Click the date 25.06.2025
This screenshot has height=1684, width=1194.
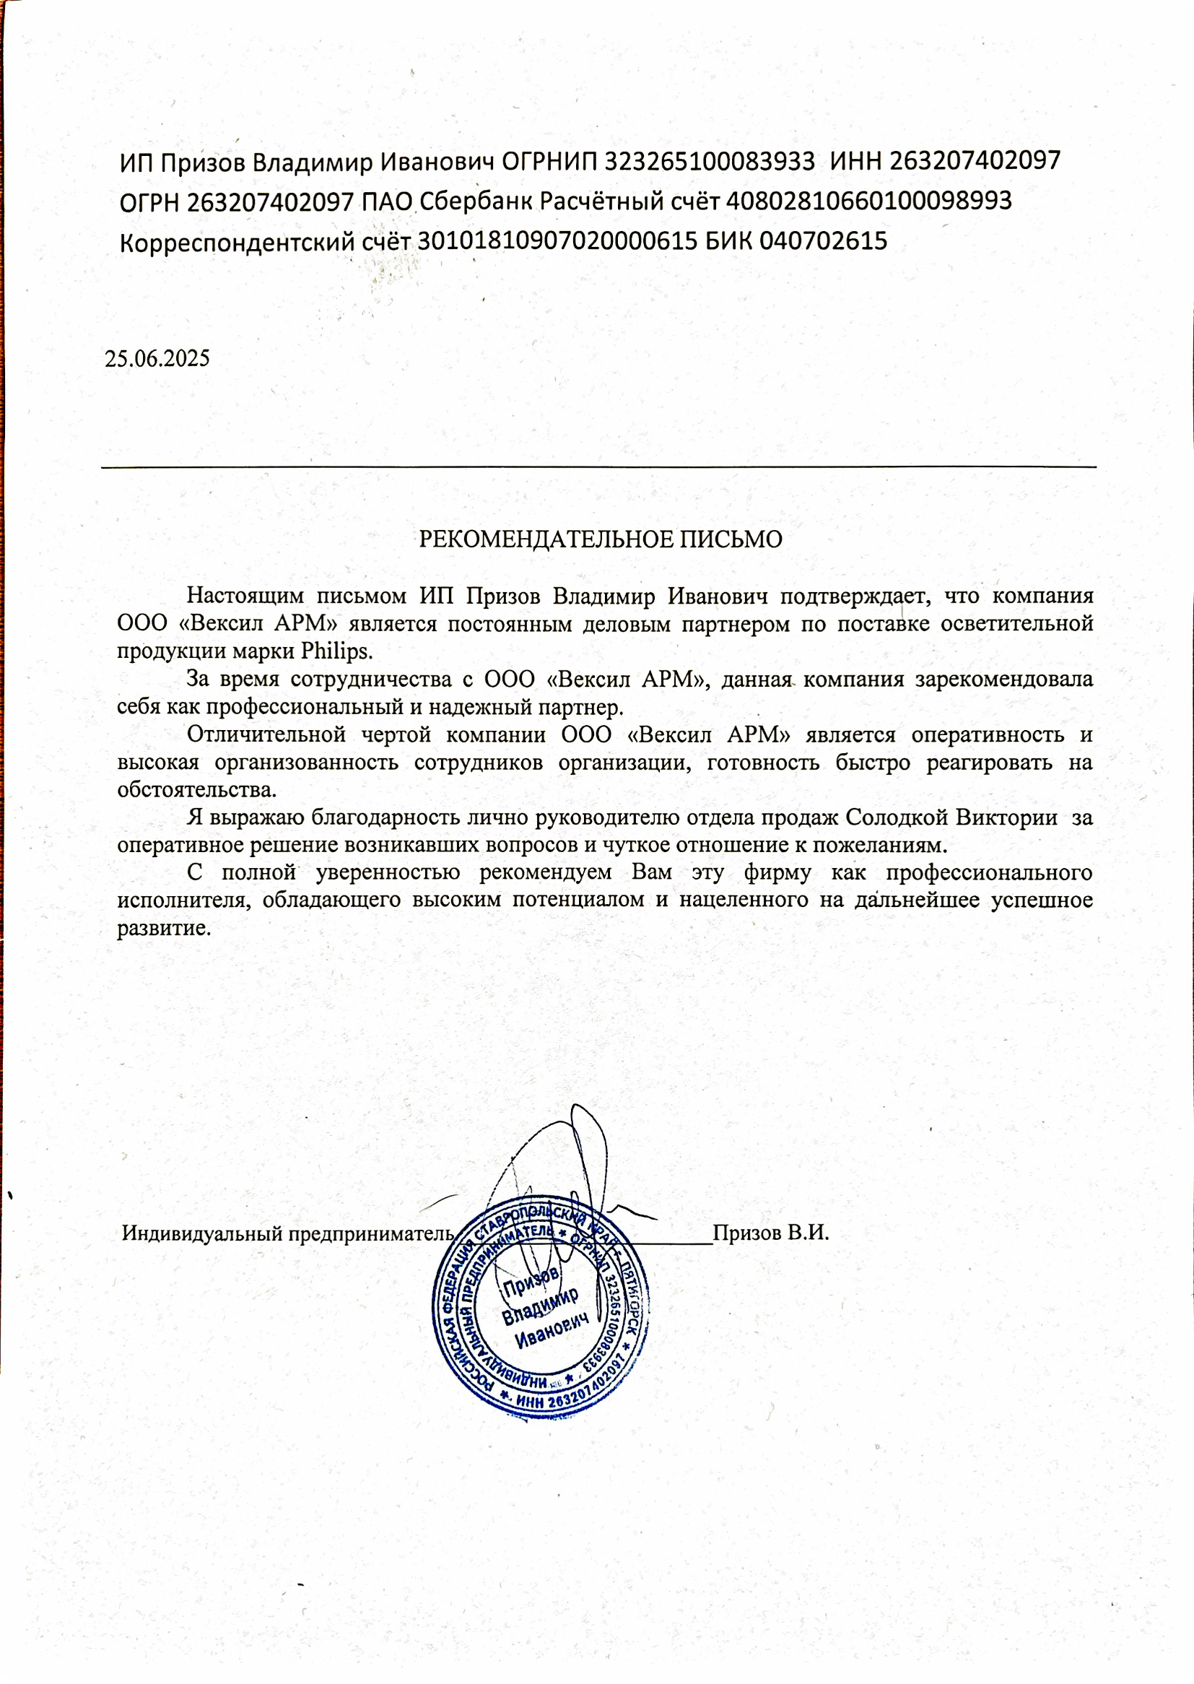[157, 359]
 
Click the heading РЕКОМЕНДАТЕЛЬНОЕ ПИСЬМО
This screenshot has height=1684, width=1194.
[600, 539]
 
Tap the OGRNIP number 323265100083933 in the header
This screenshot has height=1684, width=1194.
[710, 161]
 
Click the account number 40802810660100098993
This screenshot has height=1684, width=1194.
[869, 201]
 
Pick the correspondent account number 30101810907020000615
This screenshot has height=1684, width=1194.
[557, 241]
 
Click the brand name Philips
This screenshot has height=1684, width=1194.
[336, 651]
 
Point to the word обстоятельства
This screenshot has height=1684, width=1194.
[196, 790]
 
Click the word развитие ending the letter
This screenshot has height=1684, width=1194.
[163, 928]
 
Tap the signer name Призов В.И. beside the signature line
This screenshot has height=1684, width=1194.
[770, 1233]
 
